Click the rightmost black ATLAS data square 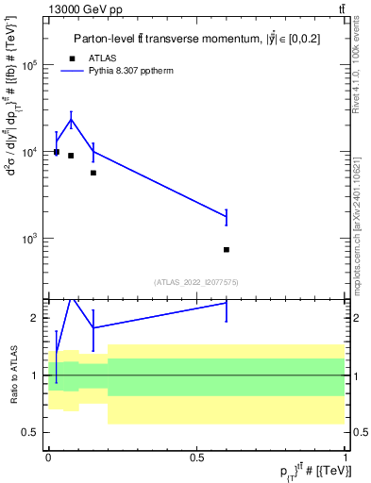227,249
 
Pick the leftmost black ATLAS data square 57,152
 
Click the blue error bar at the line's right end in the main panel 227,217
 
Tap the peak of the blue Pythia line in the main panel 71,119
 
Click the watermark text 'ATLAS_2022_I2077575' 197,282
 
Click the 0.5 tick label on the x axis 197,456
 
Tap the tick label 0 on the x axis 48,456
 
